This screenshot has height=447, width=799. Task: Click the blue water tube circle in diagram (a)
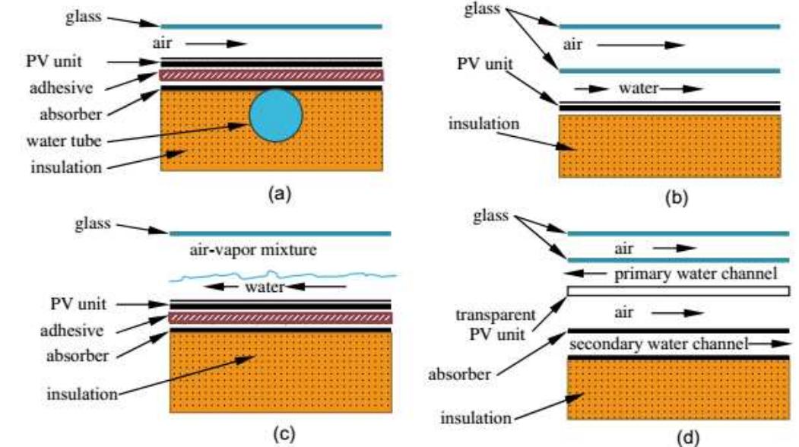point(276,116)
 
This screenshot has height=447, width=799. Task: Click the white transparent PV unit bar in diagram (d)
point(678,290)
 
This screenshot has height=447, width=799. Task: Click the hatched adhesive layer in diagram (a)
point(271,75)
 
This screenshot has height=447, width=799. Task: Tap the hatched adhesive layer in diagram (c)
point(280,316)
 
